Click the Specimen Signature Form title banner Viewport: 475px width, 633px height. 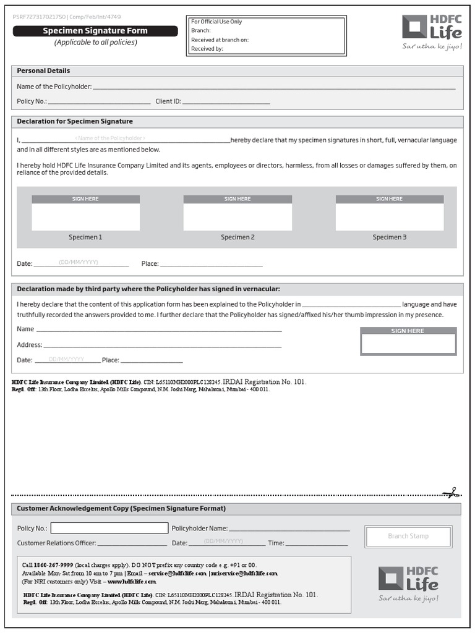click(95, 31)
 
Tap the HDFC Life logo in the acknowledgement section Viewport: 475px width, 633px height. click(408, 579)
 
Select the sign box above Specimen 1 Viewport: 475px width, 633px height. click(85, 216)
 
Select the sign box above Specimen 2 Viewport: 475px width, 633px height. click(237, 216)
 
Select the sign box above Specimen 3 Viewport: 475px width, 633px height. click(390, 216)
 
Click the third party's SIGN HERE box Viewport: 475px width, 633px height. click(408, 344)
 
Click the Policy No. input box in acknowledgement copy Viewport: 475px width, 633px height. click(109, 528)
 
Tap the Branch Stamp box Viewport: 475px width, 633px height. click(408, 536)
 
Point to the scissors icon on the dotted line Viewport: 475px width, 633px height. click(450, 493)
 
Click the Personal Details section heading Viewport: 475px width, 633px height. click(43, 70)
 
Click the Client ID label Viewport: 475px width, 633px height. click(168, 101)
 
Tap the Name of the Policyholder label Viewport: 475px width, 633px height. click(54, 87)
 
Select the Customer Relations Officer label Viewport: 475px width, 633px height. click(56, 543)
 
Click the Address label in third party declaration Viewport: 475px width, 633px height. click(29, 345)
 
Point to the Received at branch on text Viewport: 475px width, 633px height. click(220, 40)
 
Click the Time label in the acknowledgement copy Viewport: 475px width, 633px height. click(275, 543)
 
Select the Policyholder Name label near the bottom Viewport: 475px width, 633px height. click(199, 529)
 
